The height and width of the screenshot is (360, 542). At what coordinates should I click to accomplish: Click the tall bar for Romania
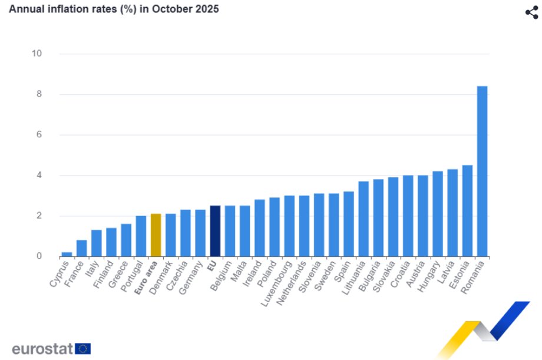tap(482, 171)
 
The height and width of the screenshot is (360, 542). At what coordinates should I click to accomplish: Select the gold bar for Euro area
tap(156, 235)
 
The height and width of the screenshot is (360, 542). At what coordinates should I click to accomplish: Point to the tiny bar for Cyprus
tap(67, 254)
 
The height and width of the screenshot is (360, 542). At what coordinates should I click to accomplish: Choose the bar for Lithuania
tap(363, 219)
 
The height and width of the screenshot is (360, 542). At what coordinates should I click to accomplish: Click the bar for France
tap(81, 248)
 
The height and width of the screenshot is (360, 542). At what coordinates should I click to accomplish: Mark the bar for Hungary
tap(438, 213)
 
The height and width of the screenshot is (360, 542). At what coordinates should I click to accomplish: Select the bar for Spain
tap(349, 224)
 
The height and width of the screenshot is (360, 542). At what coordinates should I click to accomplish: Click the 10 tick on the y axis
tap(37, 54)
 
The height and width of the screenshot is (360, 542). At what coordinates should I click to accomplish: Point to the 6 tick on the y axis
tap(39, 135)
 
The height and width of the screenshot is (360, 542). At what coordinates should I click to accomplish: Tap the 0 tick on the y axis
tap(39, 256)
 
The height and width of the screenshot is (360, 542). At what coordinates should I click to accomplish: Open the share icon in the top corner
tap(531, 12)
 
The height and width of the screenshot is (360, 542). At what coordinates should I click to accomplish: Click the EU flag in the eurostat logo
tap(83, 349)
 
